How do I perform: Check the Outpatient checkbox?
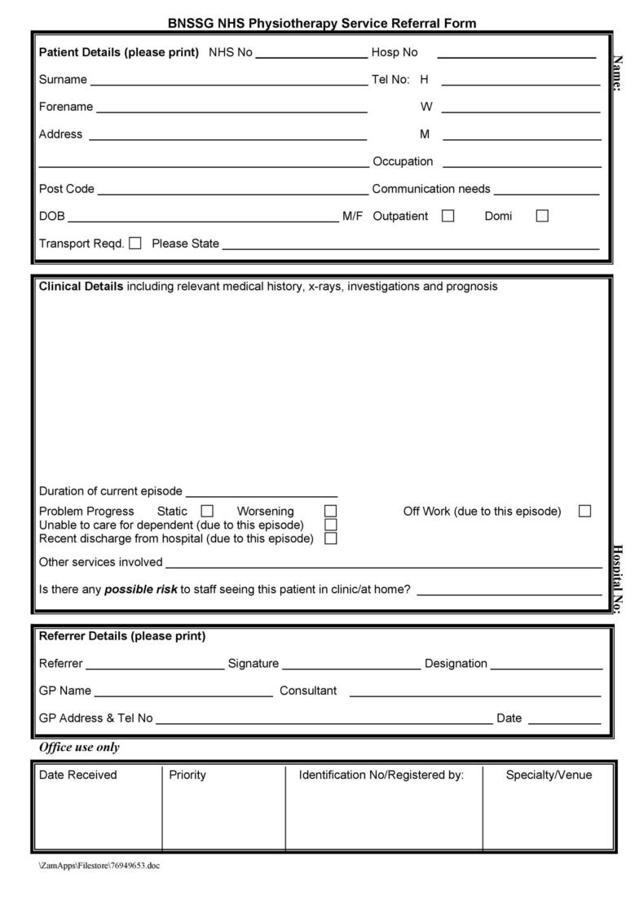448,216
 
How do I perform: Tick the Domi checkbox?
542,216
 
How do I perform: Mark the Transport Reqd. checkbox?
135,243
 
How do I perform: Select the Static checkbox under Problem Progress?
207,511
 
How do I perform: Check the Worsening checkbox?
330,511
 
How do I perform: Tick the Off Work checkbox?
584,511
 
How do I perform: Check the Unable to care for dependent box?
330,525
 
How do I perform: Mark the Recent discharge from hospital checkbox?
330,538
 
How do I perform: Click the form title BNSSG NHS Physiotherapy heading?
322,24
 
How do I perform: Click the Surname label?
63,80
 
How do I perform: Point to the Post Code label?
67,189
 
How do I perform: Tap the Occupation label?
403,161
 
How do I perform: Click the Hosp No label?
395,53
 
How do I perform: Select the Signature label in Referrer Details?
254,664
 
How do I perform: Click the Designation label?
456,664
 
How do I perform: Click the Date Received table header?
78,775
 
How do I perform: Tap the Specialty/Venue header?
549,775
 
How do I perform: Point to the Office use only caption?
79,747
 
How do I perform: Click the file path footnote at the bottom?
99,865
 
